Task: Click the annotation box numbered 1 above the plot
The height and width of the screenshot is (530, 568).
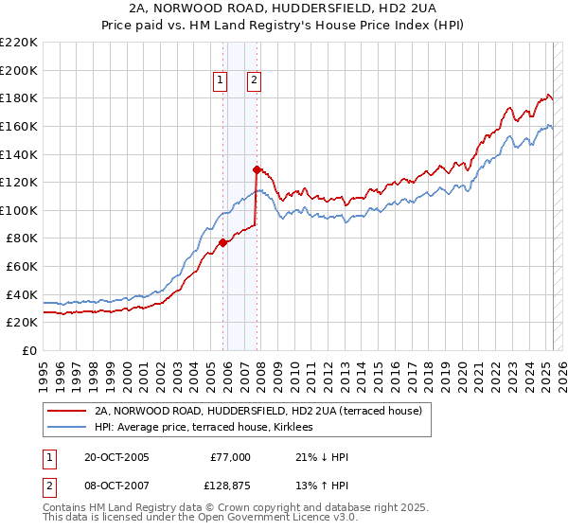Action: [x=220, y=81]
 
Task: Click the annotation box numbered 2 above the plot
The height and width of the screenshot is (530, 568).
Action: [x=255, y=81]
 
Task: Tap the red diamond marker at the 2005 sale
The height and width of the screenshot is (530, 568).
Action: [x=222, y=242]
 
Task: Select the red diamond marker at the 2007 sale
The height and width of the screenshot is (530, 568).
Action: [x=257, y=169]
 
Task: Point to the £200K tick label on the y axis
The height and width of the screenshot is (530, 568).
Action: [x=18, y=70]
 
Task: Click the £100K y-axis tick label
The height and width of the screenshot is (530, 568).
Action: [x=18, y=210]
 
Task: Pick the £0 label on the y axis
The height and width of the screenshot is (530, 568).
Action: [x=28, y=350]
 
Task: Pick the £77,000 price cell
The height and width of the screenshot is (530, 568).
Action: [x=230, y=457]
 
